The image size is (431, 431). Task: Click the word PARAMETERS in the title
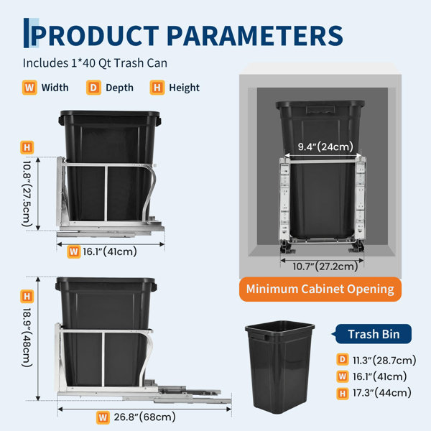coord(255,36)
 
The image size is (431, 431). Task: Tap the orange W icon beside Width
coord(29,88)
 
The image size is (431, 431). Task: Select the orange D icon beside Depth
coord(93,88)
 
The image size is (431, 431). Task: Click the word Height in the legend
coord(184,88)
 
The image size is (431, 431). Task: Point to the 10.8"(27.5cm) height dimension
coord(27,194)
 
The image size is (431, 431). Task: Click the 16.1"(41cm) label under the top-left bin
coord(110,251)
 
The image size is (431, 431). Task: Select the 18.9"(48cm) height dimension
coord(27,338)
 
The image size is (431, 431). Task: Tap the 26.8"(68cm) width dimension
coord(144,417)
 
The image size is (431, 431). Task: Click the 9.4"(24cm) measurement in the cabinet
coord(325,147)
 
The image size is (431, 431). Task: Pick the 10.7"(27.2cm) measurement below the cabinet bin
coord(325,266)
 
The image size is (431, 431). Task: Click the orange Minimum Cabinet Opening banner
coord(320,289)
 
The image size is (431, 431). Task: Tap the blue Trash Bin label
coord(374,334)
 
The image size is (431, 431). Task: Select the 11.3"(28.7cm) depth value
coord(384,360)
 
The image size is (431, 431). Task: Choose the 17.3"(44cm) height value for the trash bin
coord(382,392)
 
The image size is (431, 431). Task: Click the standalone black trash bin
coord(280,367)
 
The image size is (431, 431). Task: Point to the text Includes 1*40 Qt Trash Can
coord(95,63)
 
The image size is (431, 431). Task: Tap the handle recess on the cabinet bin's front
coord(320,109)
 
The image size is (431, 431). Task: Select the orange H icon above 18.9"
coord(27,296)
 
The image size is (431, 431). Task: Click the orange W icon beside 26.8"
coord(103,418)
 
